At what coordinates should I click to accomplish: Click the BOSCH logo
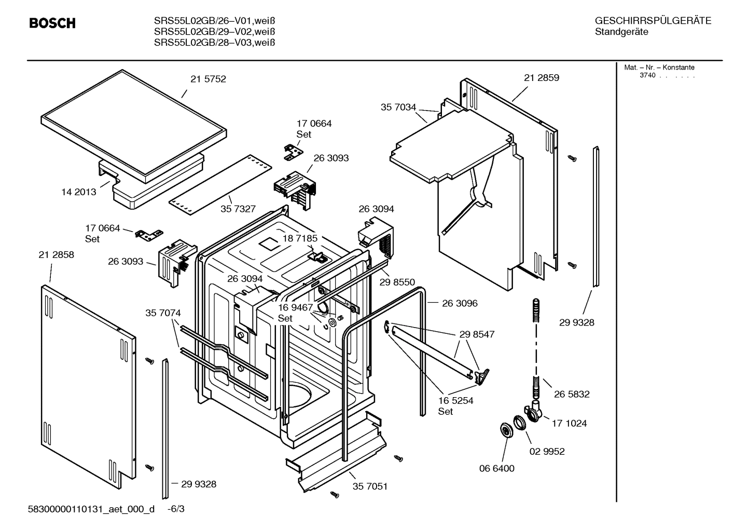click(52, 23)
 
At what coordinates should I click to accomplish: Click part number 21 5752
click(208, 79)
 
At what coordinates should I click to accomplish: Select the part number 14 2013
click(79, 192)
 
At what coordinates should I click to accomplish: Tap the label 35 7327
click(238, 209)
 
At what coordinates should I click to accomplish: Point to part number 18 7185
click(300, 238)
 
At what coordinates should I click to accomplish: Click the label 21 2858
click(56, 255)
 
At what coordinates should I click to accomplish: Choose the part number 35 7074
click(163, 313)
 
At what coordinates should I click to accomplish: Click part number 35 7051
click(370, 486)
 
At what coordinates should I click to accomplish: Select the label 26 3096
click(460, 303)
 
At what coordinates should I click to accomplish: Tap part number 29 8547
click(477, 334)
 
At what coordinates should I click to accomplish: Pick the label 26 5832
click(572, 394)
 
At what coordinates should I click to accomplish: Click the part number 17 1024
click(569, 423)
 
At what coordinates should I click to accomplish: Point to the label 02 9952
click(547, 452)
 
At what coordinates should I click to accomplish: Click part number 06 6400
click(496, 468)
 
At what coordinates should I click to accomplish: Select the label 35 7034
click(398, 107)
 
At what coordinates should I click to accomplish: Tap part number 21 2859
click(542, 78)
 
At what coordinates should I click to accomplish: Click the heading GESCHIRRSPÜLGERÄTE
click(653, 21)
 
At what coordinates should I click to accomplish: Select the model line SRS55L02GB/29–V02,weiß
click(214, 32)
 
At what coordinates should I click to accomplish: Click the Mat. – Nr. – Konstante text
click(659, 67)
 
